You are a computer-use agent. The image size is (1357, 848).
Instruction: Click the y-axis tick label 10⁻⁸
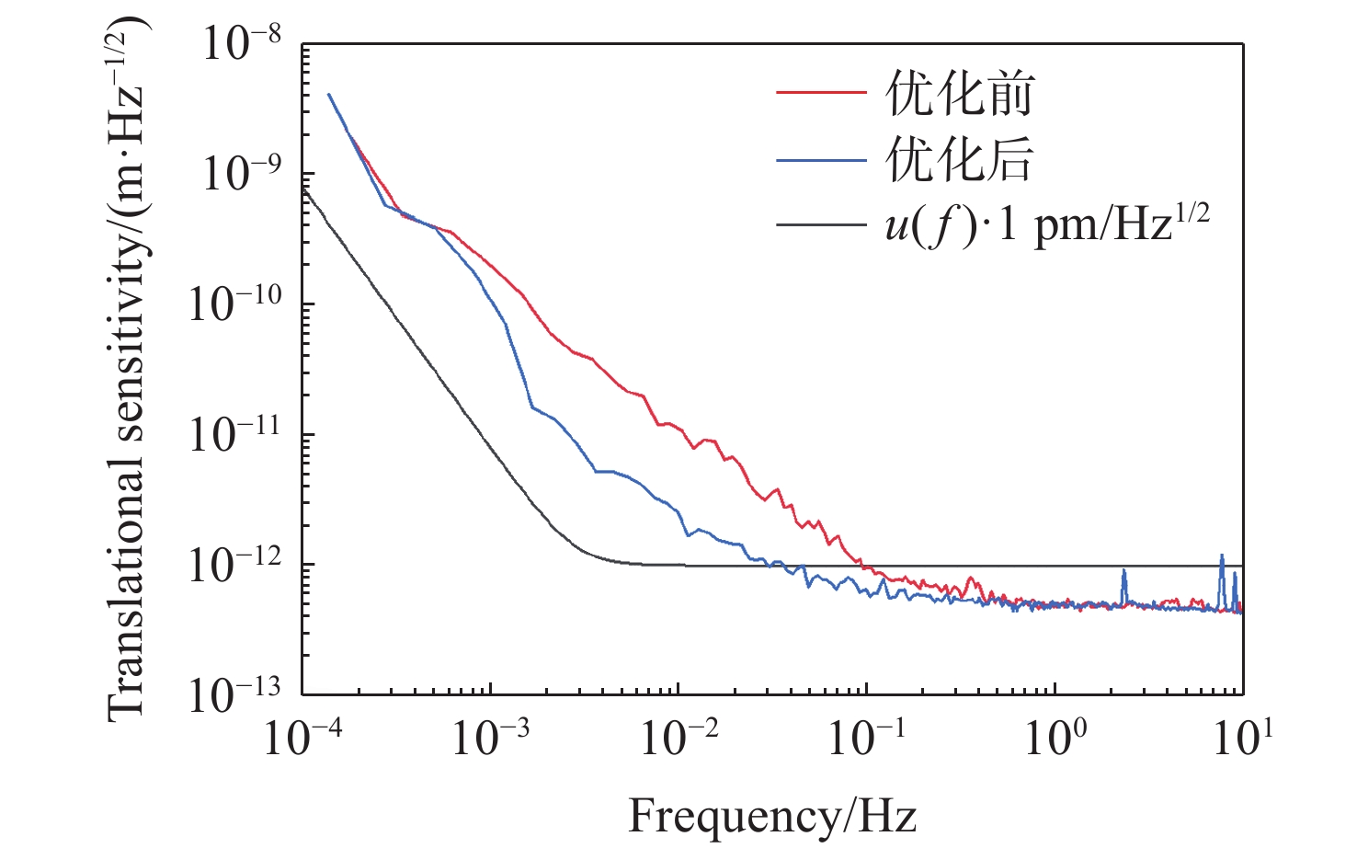[x=242, y=43]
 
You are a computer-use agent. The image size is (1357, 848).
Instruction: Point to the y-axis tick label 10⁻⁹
[x=242, y=174]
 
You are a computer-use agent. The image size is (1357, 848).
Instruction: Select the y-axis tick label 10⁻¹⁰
[x=235, y=304]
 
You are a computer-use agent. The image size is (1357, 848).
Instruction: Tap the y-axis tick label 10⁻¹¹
[x=235, y=434]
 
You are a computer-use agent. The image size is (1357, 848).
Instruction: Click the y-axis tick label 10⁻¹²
[x=235, y=565]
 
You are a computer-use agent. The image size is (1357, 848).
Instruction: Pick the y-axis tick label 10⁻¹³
[x=235, y=694]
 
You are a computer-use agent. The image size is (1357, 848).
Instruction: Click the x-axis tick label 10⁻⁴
[x=302, y=737]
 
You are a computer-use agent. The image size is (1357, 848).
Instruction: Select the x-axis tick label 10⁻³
[x=491, y=737]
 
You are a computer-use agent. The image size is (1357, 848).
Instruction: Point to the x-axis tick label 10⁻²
[x=679, y=737]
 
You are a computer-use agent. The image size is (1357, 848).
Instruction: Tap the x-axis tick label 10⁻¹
[x=867, y=737]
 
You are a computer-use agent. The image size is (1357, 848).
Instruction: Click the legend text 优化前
[x=960, y=93]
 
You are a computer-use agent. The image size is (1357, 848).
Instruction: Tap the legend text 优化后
[x=960, y=159]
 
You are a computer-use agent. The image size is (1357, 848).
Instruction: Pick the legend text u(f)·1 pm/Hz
[x=1046, y=223]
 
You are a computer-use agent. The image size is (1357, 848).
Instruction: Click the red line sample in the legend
[x=821, y=93]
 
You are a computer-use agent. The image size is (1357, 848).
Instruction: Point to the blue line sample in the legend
[x=821, y=160]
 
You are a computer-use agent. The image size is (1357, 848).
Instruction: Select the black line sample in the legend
[x=821, y=224]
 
